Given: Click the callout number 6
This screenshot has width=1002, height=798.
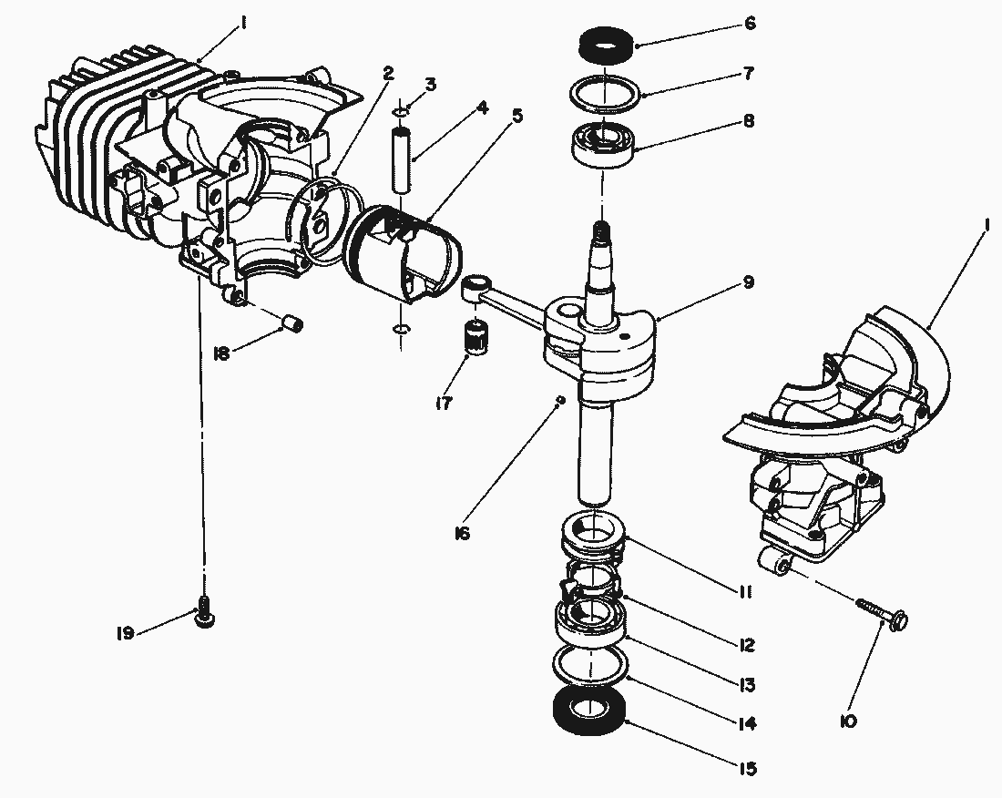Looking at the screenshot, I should pyautogui.click(x=750, y=24).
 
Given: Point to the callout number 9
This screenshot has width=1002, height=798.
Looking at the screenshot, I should pyautogui.click(x=748, y=282).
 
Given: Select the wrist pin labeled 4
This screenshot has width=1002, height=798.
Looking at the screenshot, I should pyautogui.click(x=404, y=160).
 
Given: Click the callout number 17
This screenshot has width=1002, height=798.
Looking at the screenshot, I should pyautogui.click(x=444, y=402).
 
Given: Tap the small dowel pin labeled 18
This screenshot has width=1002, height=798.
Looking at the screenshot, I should pyautogui.click(x=292, y=322).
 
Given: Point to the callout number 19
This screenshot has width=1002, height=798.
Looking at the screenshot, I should pyautogui.click(x=125, y=632).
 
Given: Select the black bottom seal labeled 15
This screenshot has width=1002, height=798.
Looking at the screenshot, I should pyautogui.click(x=590, y=711).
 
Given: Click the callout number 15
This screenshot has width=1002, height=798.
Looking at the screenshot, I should pyautogui.click(x=747, y=769).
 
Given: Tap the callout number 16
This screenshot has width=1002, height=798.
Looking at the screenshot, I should pyautogui.click(x=462, y=533).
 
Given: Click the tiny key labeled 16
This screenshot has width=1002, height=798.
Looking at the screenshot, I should pyautogui.click(x=561, y=399).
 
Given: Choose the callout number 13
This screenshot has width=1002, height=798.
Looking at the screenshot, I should pyautogui.click(x=747, y=684).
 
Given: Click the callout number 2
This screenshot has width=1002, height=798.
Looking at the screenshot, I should pyautogui.click(x=388, y=72).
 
